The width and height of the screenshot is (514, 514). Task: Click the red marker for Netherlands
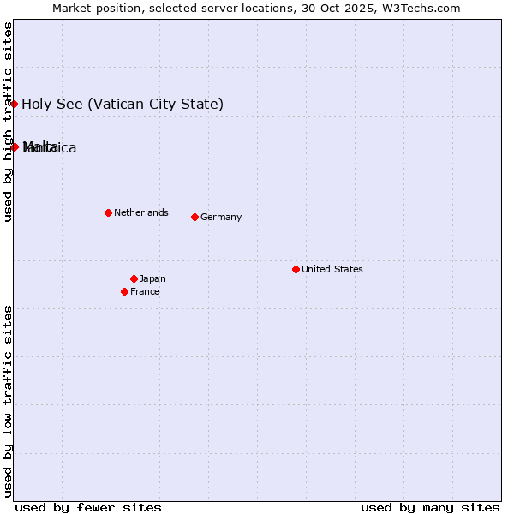click(x=108, y=212)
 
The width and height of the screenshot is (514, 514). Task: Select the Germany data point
click(x=194, y=217)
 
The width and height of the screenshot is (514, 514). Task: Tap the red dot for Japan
click(x=134, y=278)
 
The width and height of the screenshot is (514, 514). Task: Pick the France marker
click(x=124, y=291)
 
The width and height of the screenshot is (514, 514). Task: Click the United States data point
click(x=296, y=269)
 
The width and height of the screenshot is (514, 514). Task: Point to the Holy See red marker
click(x=15, y=104)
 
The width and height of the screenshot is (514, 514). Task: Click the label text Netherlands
click(x=140, y=212)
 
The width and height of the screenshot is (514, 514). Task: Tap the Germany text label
click(x=221, y=217)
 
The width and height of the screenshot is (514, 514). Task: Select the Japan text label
click(x=152, y=278)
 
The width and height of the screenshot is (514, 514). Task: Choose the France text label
click(x=145, y=291)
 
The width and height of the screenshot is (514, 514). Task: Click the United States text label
click(x=332, y=269)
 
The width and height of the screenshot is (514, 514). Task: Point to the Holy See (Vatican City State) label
click(x=123, y=105)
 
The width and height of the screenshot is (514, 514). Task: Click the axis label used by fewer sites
click(x=88, y=507)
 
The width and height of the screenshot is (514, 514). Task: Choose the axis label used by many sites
click(x=430, y=507)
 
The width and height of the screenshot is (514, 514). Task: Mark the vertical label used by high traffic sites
click(x=9, y=122)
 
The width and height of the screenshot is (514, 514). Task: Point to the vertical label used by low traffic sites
click(x=9, y=400)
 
